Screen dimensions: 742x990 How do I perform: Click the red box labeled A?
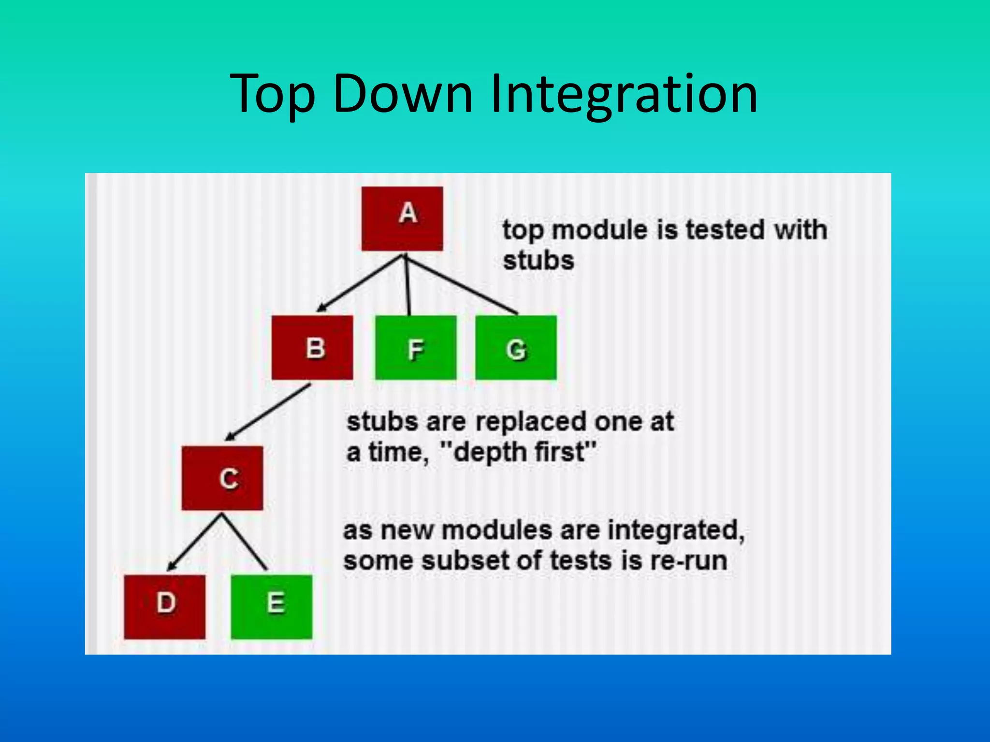[x=402, y=218]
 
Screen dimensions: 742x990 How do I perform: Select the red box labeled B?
[x=312, y=347]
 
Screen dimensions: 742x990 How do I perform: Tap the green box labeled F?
[x=415, y=347]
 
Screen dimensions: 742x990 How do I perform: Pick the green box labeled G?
[x=516, y=347]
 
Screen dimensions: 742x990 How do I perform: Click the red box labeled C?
[x=222, y=478]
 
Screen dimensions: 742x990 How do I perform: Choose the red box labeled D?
[x=164, y=607]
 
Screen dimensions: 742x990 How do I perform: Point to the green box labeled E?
[x=271, y=607]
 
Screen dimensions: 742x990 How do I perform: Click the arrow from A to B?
[x=360, y=283]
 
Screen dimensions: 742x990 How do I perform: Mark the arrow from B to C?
[x=268, y=412]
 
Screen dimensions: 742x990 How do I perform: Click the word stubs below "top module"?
[x=538, y=261]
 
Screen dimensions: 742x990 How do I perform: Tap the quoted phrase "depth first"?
[x=518, y=452]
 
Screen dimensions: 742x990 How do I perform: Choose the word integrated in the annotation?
[x=675, y=530]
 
